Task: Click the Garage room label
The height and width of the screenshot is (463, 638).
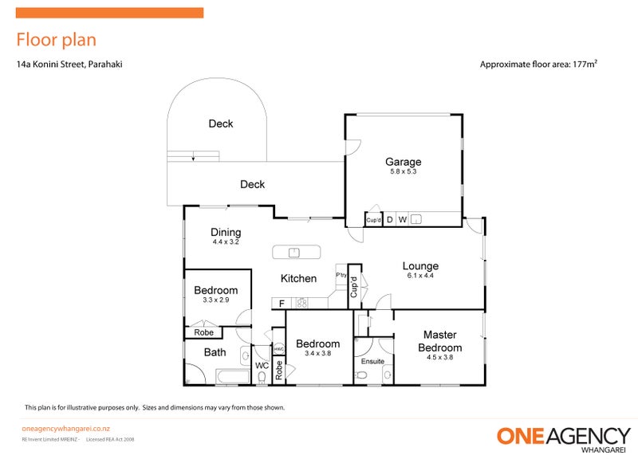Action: (x=403, y=162)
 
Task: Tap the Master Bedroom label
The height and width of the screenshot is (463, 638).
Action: (x=439, y=341)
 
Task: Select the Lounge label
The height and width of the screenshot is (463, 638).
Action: (x=419, y=266)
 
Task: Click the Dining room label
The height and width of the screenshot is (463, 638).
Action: (x=226, y=232)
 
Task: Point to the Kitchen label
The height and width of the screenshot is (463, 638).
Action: (x=297, y=278)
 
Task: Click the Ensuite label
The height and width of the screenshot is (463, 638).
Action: (x=372, y=361)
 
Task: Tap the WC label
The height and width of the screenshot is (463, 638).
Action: (x=262, y=366)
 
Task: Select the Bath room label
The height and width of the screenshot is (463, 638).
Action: (x=215, y=352)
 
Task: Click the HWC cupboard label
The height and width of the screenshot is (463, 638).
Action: (x=279, y=349)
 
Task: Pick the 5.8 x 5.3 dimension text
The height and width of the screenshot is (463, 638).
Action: (x=403, y=172)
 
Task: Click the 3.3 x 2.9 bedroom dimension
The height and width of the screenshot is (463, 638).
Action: (x=215, y=300)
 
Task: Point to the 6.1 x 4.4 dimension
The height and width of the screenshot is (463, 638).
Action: (x=419, y=277)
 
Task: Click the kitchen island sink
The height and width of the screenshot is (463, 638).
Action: (x=294, y=253)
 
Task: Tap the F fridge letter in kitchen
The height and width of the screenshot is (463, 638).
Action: (x=281, y=304)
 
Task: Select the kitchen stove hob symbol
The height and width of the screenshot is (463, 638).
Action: (x=302, y=303)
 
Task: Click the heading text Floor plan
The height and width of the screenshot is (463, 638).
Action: (x=56, y=40)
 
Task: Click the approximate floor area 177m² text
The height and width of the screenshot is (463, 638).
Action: (x=538, y=65)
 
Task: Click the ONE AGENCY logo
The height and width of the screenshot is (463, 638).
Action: (x=564, y=436)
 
